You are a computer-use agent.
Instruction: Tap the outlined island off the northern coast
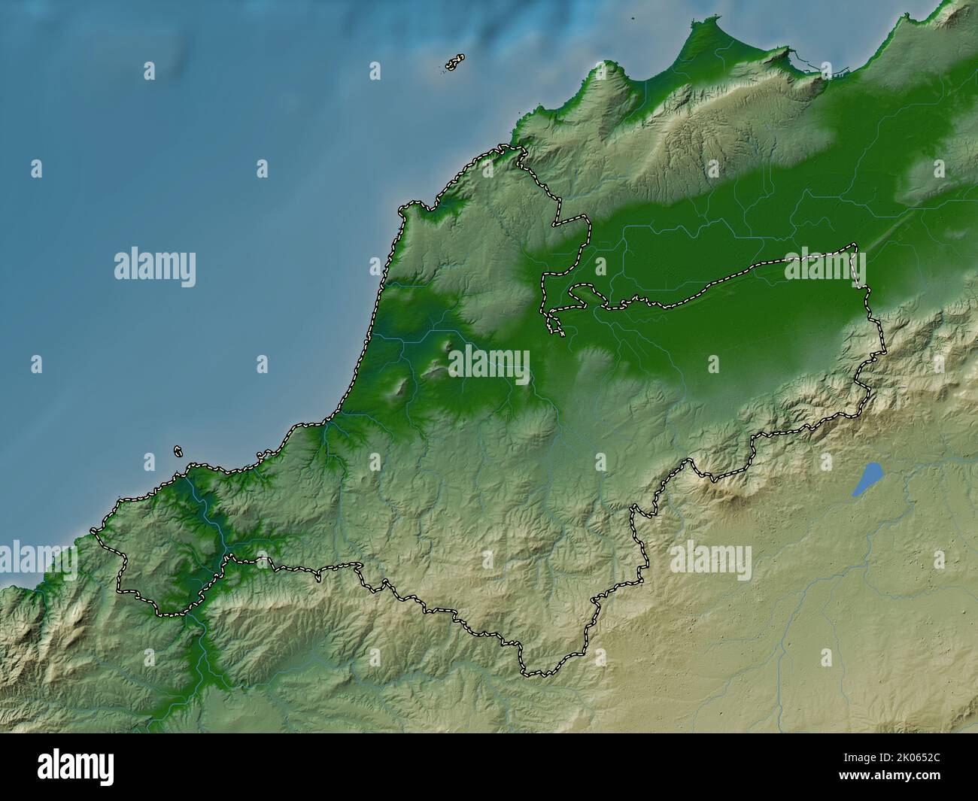click(x=454, y=63)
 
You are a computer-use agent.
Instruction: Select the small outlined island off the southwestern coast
click(x=178, y=452)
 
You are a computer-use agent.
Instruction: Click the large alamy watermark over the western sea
click(x=155, y=266)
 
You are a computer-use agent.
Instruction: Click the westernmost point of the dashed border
click(x=93, y=531)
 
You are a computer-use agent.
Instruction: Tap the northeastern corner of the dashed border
click(x=855, y=245)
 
